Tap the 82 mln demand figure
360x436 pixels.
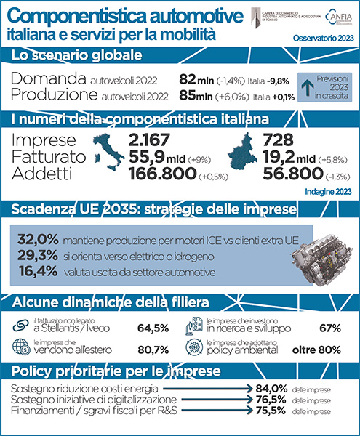pyautogui.click(x=197, y=78)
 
